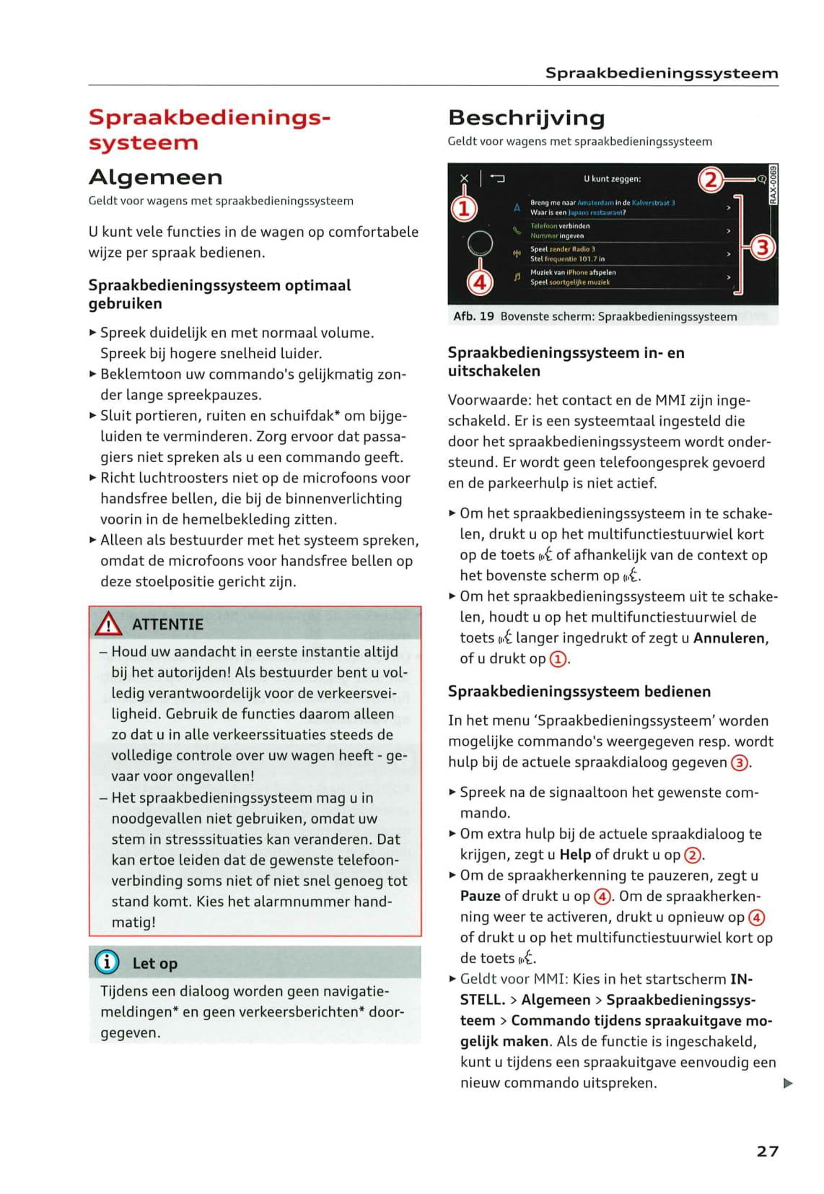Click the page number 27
click(x=767, y=1151)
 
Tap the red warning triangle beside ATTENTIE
click(x=108, y=624)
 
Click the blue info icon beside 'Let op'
click(x=107, y=962)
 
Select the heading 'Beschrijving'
click(x=526, y=118)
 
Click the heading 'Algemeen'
click(x=155, y=177)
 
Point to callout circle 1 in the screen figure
click(x=465, y=209)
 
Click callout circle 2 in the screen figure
click(x=711, y=179)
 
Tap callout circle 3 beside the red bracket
click(x=763, y=247)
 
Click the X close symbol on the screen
click(x=465, y=178)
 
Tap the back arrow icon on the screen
click(x=498, y=178)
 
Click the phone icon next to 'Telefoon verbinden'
click(x=517, y=231)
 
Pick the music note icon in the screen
click(x=517, y=276)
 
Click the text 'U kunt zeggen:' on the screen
click(x=612, y=179)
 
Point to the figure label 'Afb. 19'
click(x=473, y=316)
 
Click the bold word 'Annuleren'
click(x=729, y=638)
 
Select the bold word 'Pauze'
click(x=480, y=896)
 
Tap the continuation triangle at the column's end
click(x=788, y=1083)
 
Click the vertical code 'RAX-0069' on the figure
click(x=773, y=185)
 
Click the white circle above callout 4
click(x=480, y=244)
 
